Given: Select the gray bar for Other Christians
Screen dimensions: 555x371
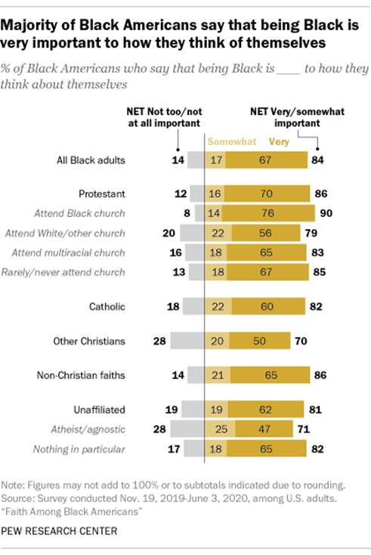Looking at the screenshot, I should [x=187, y=341].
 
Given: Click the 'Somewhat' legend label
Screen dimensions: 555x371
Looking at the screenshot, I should [x=230, y=141].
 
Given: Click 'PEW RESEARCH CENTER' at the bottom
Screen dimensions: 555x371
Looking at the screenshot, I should [x=59, y=530].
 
